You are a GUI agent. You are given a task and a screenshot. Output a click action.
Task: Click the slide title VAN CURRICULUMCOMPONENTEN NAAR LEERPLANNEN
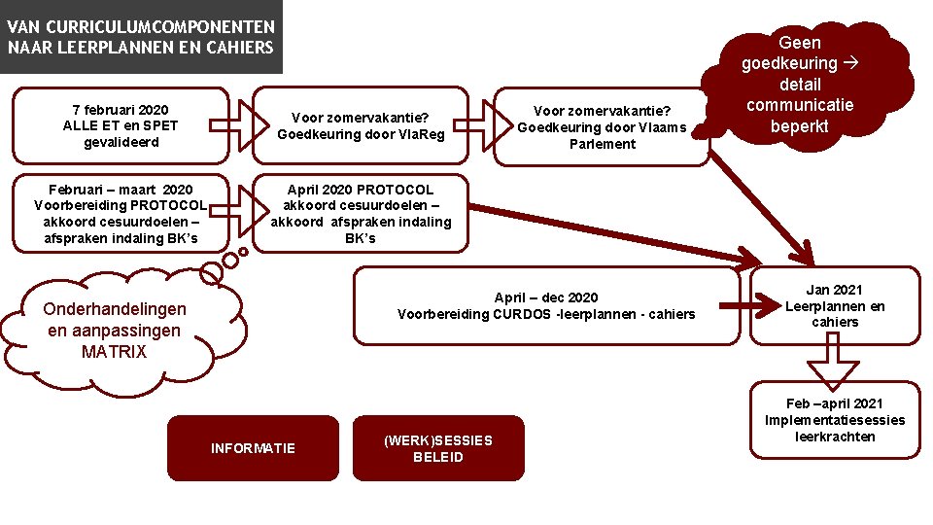point(141,37)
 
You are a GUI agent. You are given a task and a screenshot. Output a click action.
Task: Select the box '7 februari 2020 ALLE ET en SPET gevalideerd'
point(121,125)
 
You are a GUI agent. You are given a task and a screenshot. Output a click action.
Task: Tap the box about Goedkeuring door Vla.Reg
point(361,126)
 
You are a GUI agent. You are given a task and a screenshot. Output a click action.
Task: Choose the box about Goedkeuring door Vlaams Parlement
point(602,126)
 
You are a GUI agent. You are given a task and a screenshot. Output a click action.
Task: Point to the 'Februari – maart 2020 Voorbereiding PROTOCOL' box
point(121,213)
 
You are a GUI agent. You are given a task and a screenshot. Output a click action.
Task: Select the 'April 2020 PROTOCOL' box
point(361,213)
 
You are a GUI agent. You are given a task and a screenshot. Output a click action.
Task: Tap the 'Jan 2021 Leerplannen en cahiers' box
point(835,305)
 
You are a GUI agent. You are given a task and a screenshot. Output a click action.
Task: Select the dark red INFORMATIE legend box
point(253,448)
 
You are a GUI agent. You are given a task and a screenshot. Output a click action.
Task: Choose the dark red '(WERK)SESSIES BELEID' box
point(438,448)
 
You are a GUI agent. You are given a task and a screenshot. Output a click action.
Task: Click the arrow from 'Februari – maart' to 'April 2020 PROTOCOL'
point(242,205)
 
